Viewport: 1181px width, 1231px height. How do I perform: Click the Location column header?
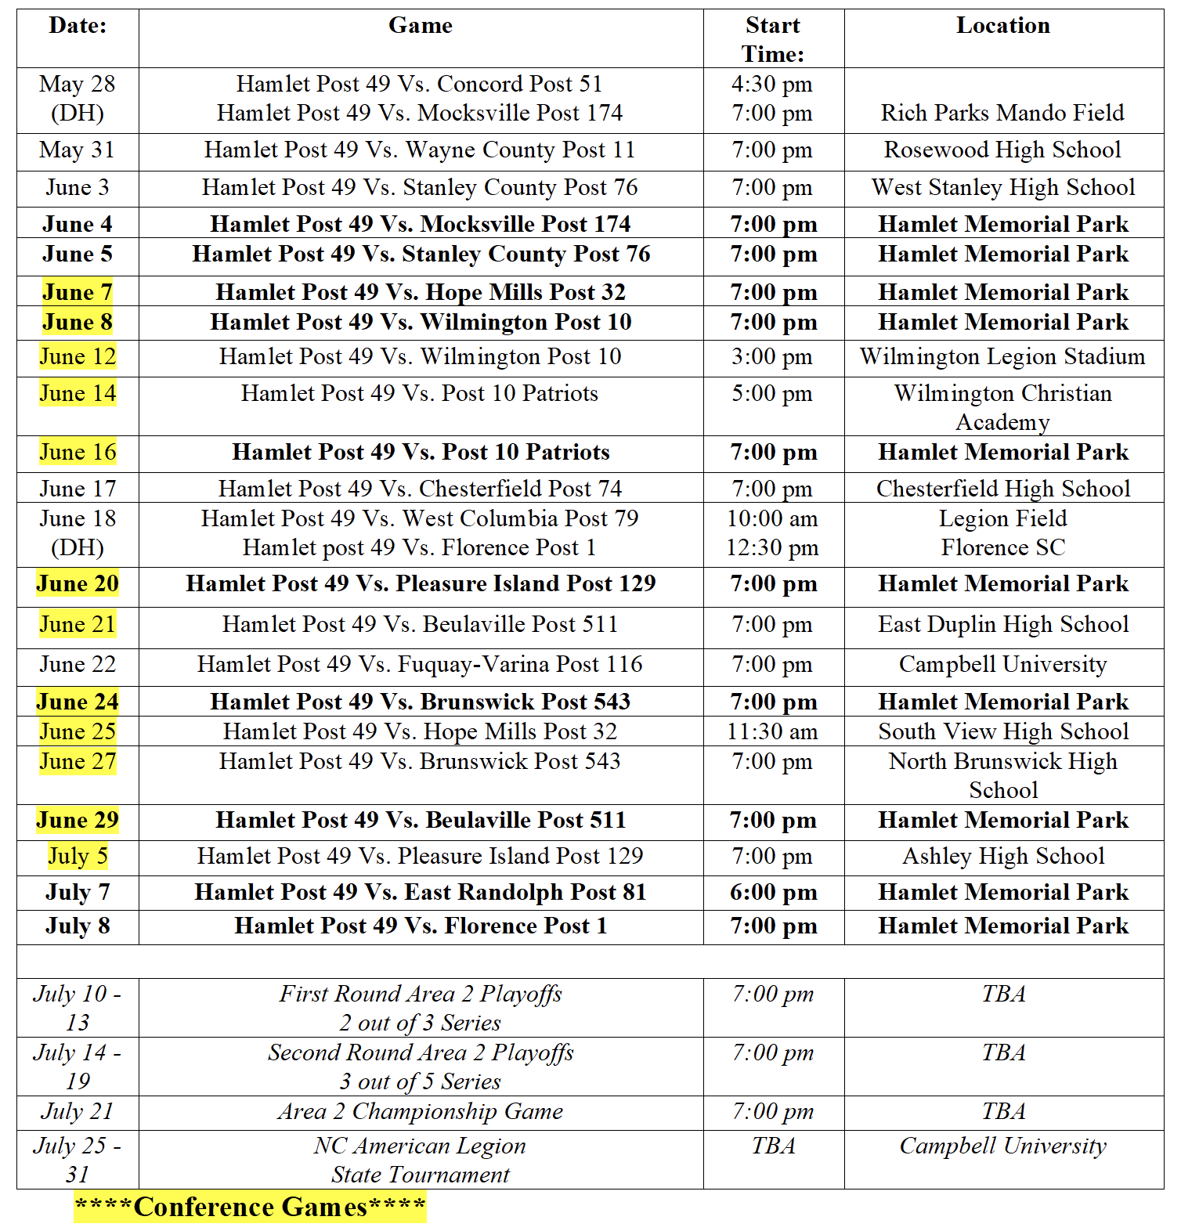click(1002, 26)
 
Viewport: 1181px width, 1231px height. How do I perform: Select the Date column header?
click(78, 26)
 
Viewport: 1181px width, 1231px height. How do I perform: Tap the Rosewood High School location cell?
click(1002, 150)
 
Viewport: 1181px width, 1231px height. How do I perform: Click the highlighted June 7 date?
click(78, 292)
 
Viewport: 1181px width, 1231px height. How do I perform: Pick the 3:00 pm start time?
click(772, 357)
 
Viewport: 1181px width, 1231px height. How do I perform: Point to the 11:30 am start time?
click(772, 731)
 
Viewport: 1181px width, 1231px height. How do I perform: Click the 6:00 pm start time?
click(773, 892)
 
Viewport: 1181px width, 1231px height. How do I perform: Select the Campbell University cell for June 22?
click(1002, 664)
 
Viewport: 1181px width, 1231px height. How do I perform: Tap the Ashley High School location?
click(1003, 856)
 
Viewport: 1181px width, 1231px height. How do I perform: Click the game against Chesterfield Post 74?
click(421, 489)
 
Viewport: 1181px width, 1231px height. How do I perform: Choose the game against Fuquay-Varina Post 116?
click(421, 664)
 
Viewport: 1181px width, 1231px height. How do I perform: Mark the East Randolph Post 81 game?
click(421, 892)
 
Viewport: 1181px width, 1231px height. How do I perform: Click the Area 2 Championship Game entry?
click(421, 1111)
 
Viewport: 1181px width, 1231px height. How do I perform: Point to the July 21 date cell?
click(78, 1111)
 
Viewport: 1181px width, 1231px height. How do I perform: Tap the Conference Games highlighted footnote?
click(251, 1207)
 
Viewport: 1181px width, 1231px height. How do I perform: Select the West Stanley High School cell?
click(1002, 187)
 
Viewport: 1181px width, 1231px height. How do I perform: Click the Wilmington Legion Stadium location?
click(1002, 357)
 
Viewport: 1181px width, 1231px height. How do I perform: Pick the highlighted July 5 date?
click(78, 856)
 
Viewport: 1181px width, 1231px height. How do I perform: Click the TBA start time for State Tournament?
click(773, 1146)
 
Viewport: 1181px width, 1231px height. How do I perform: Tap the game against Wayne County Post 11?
click(421, 150)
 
